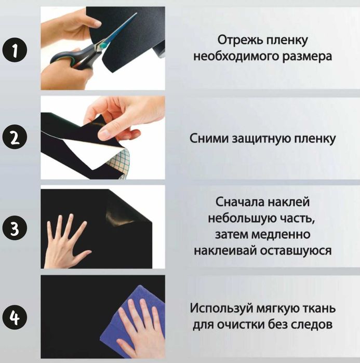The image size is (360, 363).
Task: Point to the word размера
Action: tap(305, 56)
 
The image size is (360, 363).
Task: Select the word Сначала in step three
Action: tap(237, 201)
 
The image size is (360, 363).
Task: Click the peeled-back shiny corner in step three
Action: tap(122, 210)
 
